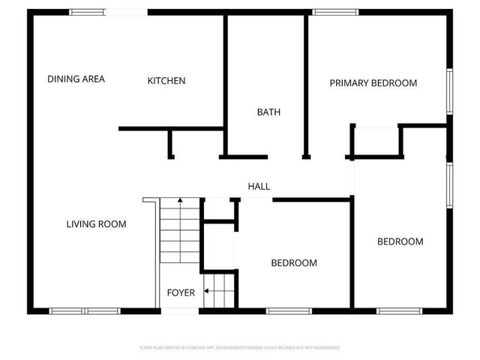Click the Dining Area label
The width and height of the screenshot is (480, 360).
tap(76, 79)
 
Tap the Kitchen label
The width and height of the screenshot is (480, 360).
tap(166, 81)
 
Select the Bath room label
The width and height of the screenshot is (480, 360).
tap(268, 112)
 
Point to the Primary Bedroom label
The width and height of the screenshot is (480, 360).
tap(373, 83)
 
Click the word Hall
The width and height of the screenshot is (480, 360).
tap(259, 187)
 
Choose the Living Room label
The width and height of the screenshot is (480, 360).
tap(96, 223)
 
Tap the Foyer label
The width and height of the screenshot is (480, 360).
tap(181, 292)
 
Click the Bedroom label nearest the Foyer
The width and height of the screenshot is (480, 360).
tap(293, 263)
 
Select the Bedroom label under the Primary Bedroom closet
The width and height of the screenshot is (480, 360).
tap(400, 241)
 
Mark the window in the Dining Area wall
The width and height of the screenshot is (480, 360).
tap(88, 12)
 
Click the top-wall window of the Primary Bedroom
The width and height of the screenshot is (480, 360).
tap(335, 12)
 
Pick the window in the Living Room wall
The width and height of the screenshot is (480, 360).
tap(84, 310)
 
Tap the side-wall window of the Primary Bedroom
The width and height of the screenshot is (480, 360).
tap(450, 91)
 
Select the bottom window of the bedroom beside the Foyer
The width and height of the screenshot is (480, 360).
tap(289, 310)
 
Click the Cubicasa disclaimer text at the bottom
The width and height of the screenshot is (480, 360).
tap(240, 348)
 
